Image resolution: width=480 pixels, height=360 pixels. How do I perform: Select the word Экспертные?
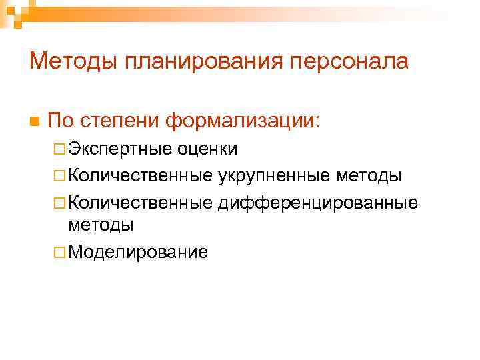tap(119, 149)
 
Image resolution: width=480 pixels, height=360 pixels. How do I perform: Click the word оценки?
tap(207, 149)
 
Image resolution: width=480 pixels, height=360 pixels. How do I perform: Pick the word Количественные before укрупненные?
tap(140, 175)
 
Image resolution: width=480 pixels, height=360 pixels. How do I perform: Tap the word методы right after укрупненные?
tap(369, 175)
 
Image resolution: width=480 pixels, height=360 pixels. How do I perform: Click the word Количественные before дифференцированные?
tap(140, 202)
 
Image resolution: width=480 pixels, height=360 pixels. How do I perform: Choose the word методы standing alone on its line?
tap(101, 225)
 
